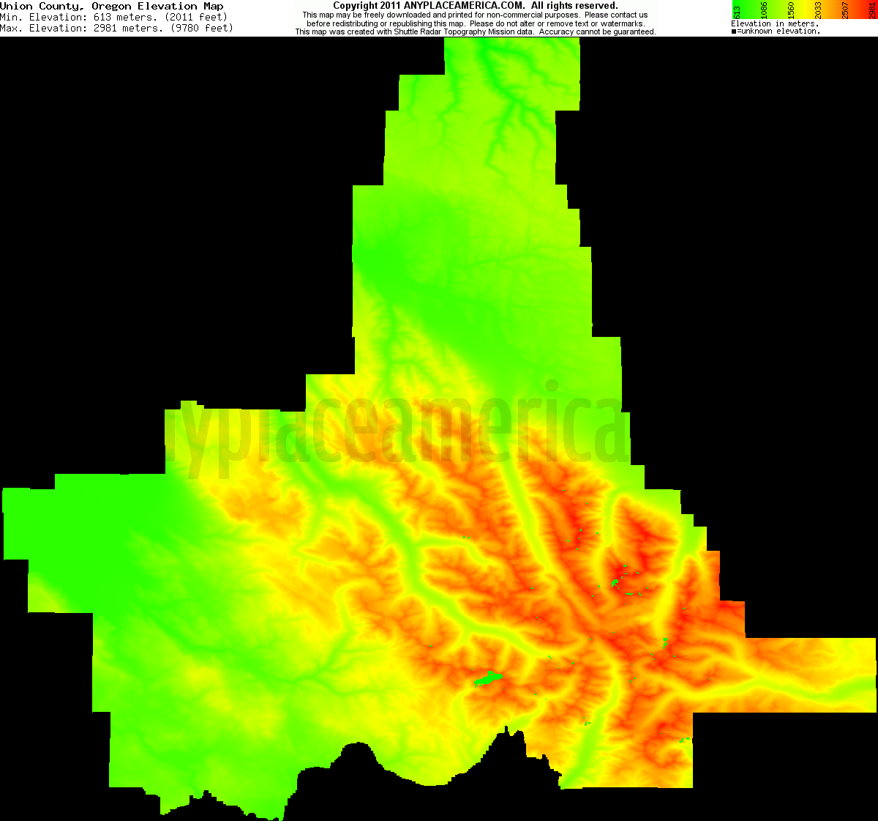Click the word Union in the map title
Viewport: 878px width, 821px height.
pos(16,6)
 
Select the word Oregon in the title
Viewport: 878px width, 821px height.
pos(111,6)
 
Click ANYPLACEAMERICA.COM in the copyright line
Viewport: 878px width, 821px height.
pos(464,6)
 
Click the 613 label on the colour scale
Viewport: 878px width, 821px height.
pos(738,11)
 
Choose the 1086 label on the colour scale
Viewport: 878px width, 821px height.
pos(764,11)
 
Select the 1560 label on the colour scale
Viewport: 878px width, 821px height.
pos(791,11)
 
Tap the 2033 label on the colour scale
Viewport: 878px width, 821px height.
pos(818,11)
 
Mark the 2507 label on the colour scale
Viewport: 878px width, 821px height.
pos(845,11)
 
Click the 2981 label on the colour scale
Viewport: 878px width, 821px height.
pos(871,11)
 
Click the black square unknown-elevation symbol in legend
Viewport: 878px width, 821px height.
pos(734,31)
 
